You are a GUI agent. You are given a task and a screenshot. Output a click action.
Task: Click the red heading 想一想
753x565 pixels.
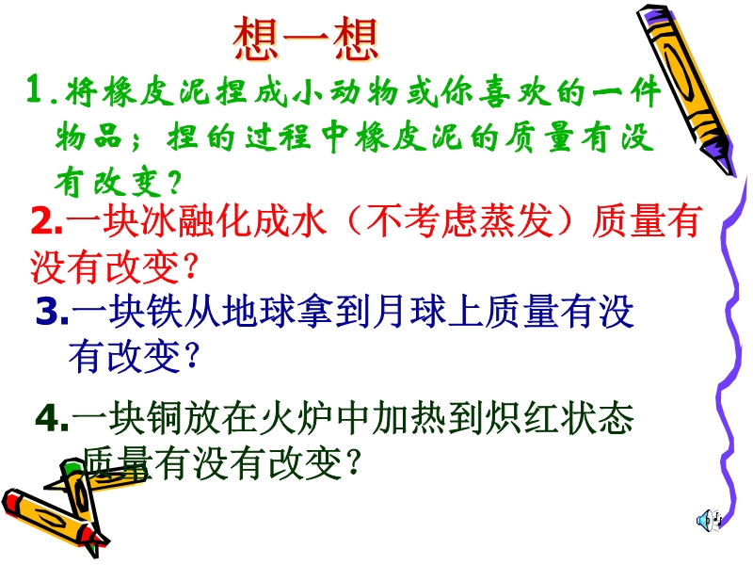pos(306,39)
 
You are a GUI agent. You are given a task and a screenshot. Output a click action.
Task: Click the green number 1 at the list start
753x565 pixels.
pos(35,89)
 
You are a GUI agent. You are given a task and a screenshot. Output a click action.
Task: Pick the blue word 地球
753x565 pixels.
pos(258,312)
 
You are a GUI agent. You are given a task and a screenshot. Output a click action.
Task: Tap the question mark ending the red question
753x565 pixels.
pos(191,267)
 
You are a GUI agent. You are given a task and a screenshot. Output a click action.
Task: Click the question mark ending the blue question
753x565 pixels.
pos(192,356)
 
